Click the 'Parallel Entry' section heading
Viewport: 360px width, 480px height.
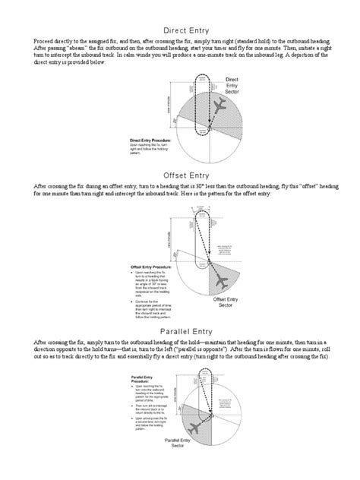tap(180, 332)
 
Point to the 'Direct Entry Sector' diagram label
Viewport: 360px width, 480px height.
tap(233, 85)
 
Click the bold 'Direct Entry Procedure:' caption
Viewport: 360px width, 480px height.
tap(151, 141)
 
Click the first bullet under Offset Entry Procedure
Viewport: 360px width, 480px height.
tap(134, 275)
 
